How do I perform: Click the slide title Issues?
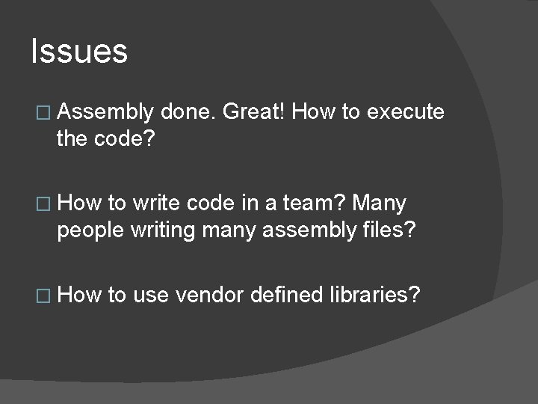click(x=79, y=52)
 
